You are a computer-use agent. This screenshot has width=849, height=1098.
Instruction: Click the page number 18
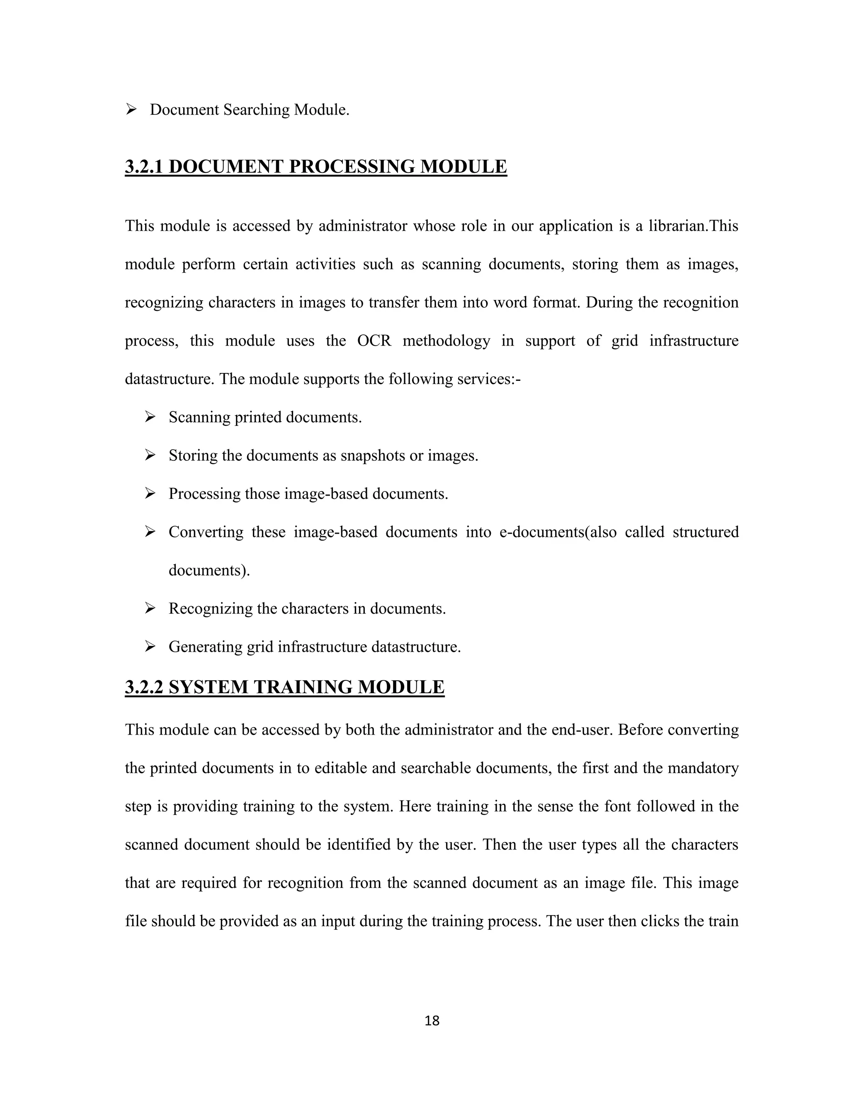[432, 1021]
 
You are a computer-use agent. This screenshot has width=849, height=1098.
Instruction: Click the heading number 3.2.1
[144, 167]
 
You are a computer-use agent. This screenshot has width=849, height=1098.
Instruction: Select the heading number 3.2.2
[144, 687]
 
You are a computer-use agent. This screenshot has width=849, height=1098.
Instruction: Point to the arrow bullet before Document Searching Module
[132, 109]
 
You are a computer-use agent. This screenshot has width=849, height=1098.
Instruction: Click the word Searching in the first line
[257, 110]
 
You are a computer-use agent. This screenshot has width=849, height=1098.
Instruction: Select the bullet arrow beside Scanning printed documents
[150, 417]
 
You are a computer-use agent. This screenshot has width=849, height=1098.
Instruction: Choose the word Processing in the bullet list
[205, 494]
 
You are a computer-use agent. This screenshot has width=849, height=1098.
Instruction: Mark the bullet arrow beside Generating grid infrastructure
[150, 646]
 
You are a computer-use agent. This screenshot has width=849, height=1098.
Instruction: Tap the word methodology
[446, 341]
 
